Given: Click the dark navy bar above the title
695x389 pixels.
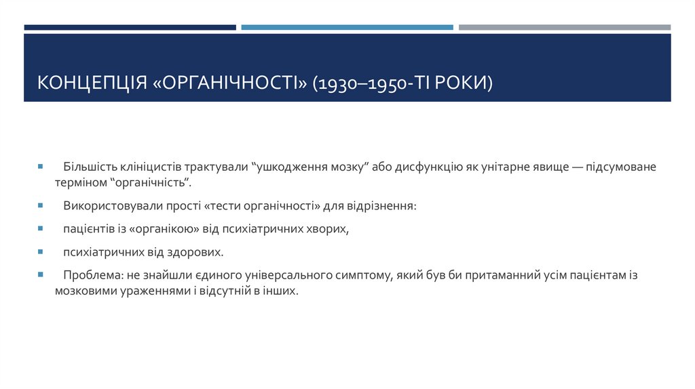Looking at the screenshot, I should coord(130,28).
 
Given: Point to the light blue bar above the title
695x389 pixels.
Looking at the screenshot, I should coord(347,28).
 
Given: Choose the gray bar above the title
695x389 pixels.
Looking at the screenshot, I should coord(564,28).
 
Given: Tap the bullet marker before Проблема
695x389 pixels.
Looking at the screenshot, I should coord(41,275).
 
